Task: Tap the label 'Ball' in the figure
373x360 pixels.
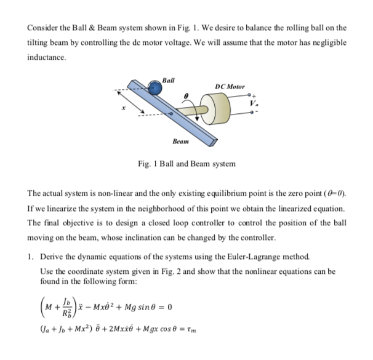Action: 169,79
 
